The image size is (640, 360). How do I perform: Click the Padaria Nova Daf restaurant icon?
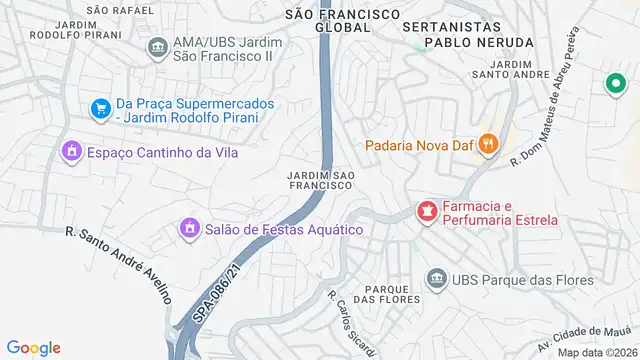coord(488,143)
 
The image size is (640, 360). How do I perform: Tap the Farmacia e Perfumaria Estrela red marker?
coord(427,212)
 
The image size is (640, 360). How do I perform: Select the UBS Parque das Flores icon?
coord(436,278)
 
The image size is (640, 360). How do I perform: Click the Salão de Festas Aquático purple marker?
coord(188,230)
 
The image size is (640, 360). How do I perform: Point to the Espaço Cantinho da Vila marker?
coord(70,152)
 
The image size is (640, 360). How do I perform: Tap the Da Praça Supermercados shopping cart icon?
coord(100,108)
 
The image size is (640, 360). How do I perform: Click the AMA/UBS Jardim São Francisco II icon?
coord(157,47)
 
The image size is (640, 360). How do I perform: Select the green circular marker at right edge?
coord(611,87)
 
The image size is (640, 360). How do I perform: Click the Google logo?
coord(34,347)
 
